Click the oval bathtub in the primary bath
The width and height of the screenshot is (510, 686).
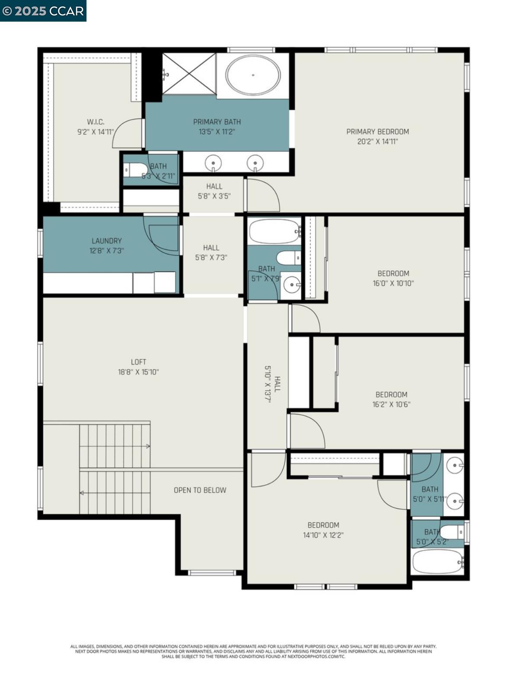[x=253, y=75]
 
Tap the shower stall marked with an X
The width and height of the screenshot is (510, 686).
[x=189, y=74]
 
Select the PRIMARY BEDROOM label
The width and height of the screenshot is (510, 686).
[x=377, y=131]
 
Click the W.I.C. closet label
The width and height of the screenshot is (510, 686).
[x=96, y=122]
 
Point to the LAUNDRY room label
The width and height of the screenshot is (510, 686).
[x=106, y=241]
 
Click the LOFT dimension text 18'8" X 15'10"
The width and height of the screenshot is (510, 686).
[x=138, y=372]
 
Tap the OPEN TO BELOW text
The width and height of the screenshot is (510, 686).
[x=200, y=490]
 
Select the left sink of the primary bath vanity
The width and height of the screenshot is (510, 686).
[x=213, y=163]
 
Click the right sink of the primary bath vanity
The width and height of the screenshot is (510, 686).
[x=255, y=163]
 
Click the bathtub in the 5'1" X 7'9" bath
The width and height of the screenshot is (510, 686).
[x=274, y=231]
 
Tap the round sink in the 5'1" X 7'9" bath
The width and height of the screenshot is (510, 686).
[x=292, y=285]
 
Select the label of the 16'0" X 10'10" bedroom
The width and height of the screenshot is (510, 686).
[x=393, y=273]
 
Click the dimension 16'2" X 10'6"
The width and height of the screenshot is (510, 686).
[x=391, y=404]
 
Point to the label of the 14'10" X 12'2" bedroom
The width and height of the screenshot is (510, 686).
[x=323, y=525]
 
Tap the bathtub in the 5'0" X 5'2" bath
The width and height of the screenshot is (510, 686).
[x=437, y=561]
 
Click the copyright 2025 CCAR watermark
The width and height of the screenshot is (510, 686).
[x=43, y=11]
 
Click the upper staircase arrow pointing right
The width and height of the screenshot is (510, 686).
[x=148, y=446]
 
